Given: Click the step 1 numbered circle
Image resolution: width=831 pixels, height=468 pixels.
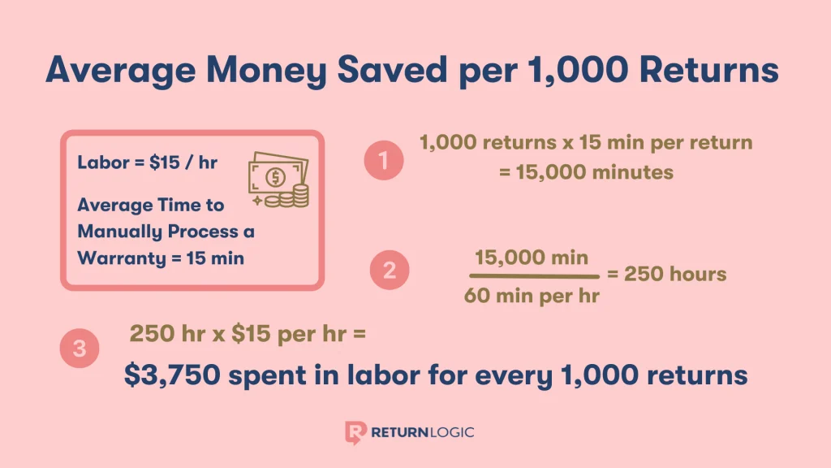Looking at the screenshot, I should tap(384, 159).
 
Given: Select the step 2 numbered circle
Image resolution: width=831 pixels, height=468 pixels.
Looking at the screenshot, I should tap(390, 271).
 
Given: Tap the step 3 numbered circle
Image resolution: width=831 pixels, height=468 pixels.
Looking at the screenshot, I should tap(80, 349).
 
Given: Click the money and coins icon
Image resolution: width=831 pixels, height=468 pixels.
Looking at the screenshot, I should tap(278, 180).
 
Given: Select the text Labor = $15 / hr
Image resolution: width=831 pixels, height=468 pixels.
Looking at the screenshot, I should tap(147, 162).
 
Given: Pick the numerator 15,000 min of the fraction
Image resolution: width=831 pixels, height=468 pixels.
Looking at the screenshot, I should tap(532, 259).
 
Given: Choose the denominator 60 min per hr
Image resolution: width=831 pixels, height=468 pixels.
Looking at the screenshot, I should tap(532, 295).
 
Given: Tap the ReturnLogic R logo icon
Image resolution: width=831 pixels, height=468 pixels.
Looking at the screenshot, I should tap(355, 431).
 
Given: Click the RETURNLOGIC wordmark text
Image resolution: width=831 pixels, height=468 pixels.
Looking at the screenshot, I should tap(422, 431).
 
